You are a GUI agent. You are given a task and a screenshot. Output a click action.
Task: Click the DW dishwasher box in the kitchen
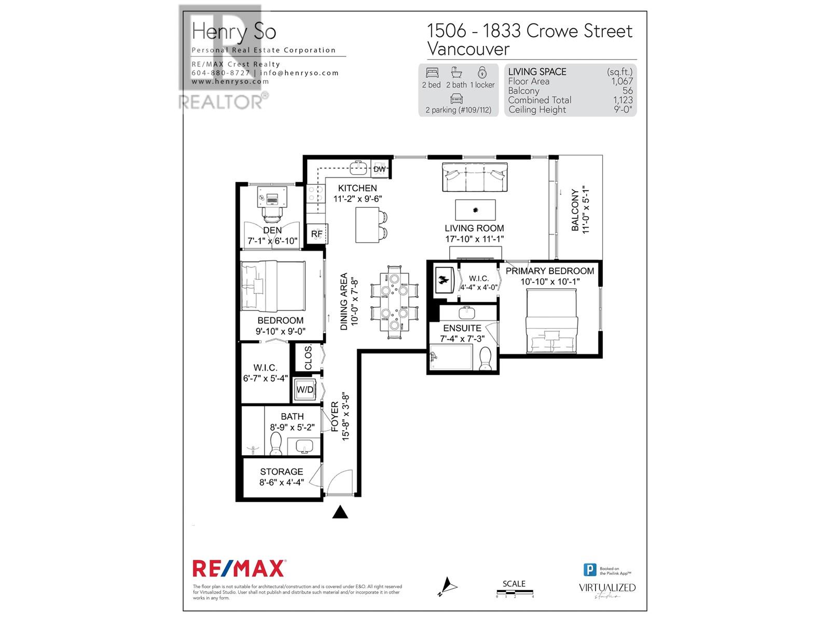(380, 169)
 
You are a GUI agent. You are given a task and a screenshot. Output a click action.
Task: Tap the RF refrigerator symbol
(316, 234)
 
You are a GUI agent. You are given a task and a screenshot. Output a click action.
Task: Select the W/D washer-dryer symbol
(305, 390)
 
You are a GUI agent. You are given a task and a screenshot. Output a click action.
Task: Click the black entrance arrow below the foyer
(340, 512)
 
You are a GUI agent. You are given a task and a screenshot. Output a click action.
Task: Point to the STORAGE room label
(282, 472)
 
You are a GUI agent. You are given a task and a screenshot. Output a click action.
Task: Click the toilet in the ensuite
(486, 358)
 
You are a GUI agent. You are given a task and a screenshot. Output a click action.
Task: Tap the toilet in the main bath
(276, 443)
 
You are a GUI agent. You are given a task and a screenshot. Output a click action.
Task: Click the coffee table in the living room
(475, 210)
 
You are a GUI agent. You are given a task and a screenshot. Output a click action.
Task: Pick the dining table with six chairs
(394, 302)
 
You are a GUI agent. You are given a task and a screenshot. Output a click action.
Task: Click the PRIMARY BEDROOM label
(550, 271)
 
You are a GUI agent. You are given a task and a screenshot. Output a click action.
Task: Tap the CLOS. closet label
(308, 357)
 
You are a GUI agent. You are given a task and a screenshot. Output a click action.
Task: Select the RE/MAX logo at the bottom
(239, 569)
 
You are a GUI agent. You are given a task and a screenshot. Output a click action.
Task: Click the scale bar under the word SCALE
(515, 592)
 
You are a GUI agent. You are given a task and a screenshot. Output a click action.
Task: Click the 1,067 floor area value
(622, 81)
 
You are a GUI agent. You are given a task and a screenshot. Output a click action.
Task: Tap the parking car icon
(457, 98)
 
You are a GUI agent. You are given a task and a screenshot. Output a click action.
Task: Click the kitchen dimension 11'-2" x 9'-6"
(357, 199)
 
